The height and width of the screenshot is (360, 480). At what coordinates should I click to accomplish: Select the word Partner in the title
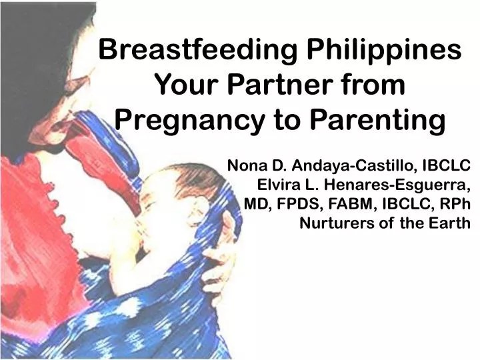pos(279,86)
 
